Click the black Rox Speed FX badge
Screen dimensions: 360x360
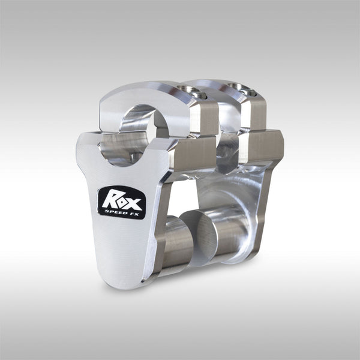tap(121, 202)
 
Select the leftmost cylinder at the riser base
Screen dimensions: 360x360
tap(178, 244)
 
